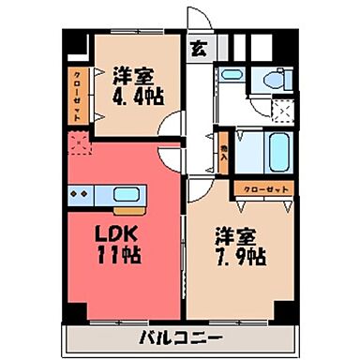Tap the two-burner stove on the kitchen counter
click(82, 195)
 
